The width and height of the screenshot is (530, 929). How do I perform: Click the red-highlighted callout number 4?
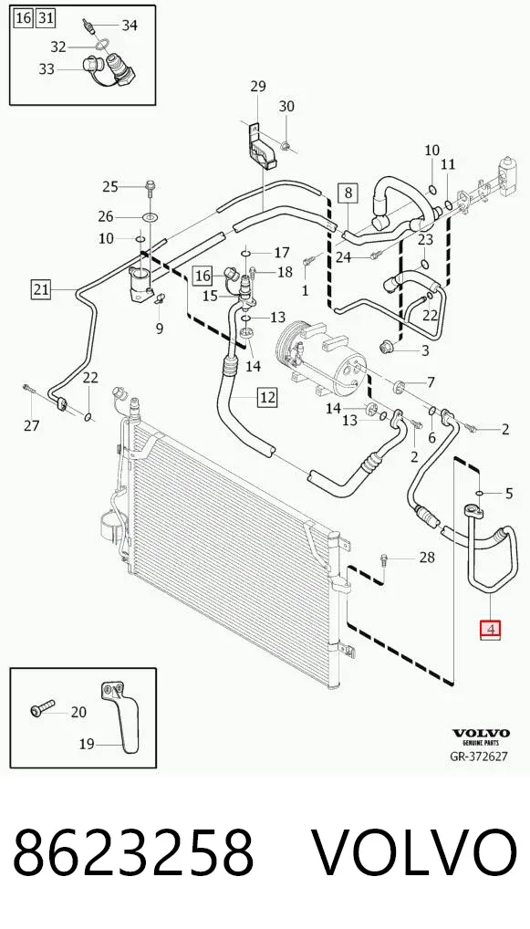tap(491, 629)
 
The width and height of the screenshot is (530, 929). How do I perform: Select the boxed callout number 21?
tap(40, 289)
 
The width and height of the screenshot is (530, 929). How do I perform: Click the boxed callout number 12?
tap(267, 397)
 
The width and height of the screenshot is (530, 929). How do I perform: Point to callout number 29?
tap(257, 87)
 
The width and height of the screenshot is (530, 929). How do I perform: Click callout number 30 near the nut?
tap(286, 107)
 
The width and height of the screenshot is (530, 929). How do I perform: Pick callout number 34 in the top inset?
tap(130, 25)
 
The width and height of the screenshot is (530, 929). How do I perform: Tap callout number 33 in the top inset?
tap(47, 69)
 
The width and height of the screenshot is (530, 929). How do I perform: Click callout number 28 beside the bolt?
tap(426, 558)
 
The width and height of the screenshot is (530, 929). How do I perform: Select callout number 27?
tap(31, 425)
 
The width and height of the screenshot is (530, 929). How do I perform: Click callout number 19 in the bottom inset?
tap(87, 744)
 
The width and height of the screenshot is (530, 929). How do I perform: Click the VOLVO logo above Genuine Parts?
tap(481, 733)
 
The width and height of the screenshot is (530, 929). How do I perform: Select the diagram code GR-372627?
tap(479, 756)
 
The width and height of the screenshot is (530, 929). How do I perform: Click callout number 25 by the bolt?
tap(110, 187)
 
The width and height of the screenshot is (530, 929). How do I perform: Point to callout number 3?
tap(424, 350)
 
